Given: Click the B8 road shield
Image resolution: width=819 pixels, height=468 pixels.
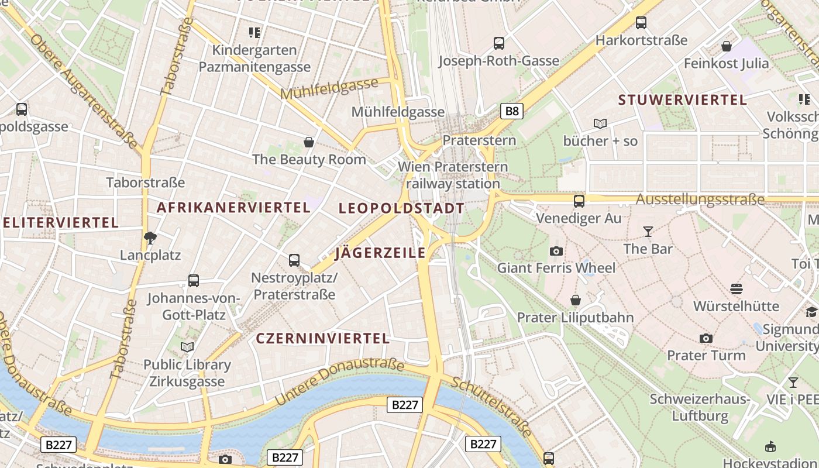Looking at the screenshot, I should (x=511, y=111).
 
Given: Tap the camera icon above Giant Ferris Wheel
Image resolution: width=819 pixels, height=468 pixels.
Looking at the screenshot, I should (x=556, y=251).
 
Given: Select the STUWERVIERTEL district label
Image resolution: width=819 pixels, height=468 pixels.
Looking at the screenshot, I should (x=683, y=99).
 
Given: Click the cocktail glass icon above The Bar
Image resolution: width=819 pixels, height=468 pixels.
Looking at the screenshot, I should (x=648, y=232).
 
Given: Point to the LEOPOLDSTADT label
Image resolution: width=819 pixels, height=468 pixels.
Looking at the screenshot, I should (x=401, y=208).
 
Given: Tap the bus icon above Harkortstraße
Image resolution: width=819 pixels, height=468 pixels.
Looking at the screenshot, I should (x=641, y=23).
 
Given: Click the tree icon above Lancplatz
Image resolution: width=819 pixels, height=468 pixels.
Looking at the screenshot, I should (x=150, y=238).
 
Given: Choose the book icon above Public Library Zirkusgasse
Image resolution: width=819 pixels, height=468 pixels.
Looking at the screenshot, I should (x=187, y=347).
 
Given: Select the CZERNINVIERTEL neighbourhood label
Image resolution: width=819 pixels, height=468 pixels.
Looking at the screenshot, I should (x=323, y=338).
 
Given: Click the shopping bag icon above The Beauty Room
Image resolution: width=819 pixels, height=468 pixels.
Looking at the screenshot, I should (x=309, y=142).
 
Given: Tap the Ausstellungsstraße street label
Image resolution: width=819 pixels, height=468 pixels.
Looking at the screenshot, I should (x=700, y=199).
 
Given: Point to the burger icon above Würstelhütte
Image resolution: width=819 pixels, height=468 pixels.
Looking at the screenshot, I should (x=736, y=288).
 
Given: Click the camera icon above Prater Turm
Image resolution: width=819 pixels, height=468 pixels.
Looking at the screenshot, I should (x=706, y=338).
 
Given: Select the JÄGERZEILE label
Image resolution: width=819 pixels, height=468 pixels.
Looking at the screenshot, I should (x=380, y=253).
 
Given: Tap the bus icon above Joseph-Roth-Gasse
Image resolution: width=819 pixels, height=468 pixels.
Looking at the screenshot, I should (x=499, y=43).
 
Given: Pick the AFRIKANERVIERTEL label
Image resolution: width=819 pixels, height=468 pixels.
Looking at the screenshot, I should (x=233, y=207).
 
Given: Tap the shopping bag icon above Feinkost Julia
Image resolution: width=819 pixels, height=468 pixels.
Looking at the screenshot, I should (x=727, y=46).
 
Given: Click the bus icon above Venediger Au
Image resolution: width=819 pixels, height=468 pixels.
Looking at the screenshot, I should (x=579, y=201).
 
